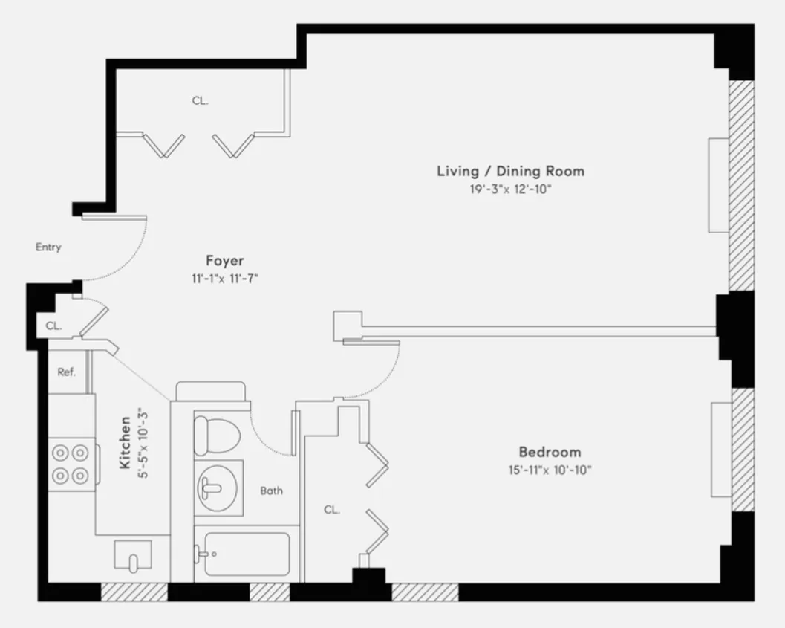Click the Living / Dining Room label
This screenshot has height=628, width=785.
point(510,172)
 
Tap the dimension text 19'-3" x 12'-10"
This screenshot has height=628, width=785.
point(510,190)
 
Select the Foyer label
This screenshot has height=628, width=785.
point(225,261)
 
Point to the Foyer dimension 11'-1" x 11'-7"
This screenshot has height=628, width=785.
point(225,279)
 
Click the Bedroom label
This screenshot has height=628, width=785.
point(550,452)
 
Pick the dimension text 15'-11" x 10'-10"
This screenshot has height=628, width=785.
point(550,470)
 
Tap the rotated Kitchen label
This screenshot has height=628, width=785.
point(126,442)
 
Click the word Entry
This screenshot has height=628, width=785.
point(48,247)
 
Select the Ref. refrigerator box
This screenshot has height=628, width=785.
point(67,372)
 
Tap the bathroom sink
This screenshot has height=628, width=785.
point(216,488)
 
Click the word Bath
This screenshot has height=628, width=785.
point(271,491)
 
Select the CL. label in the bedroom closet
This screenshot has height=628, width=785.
point(332,510)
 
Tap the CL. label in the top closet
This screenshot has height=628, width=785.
point(200,100)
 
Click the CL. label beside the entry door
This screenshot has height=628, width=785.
point(53,326)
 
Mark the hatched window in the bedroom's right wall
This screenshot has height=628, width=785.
point(742,450)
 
